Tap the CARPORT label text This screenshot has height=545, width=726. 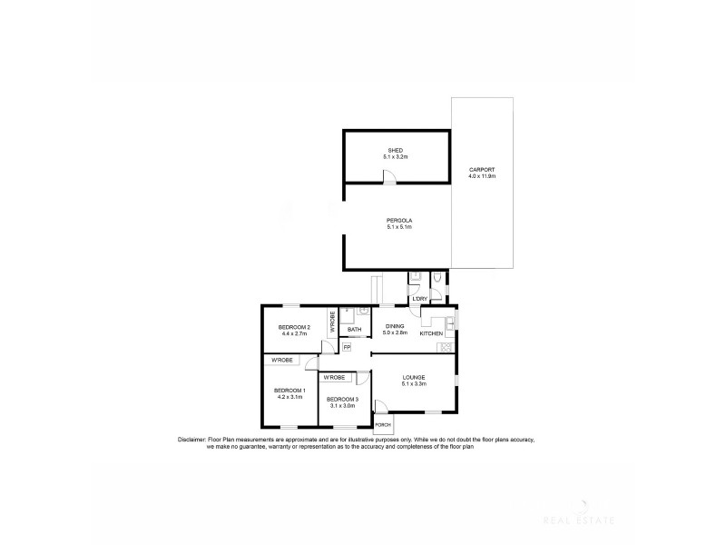[481, 170]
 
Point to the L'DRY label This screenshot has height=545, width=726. [419, 299]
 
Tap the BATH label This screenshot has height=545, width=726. [354, 330]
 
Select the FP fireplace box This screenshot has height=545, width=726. [346, 346]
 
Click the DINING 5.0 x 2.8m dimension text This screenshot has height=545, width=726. [396, 333]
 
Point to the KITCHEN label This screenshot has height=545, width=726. [431, 333]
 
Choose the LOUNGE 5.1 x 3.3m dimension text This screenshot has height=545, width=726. [413, 384]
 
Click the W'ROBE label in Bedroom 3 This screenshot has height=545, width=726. [333, 377]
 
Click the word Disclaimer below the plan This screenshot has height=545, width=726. [193, 440]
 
